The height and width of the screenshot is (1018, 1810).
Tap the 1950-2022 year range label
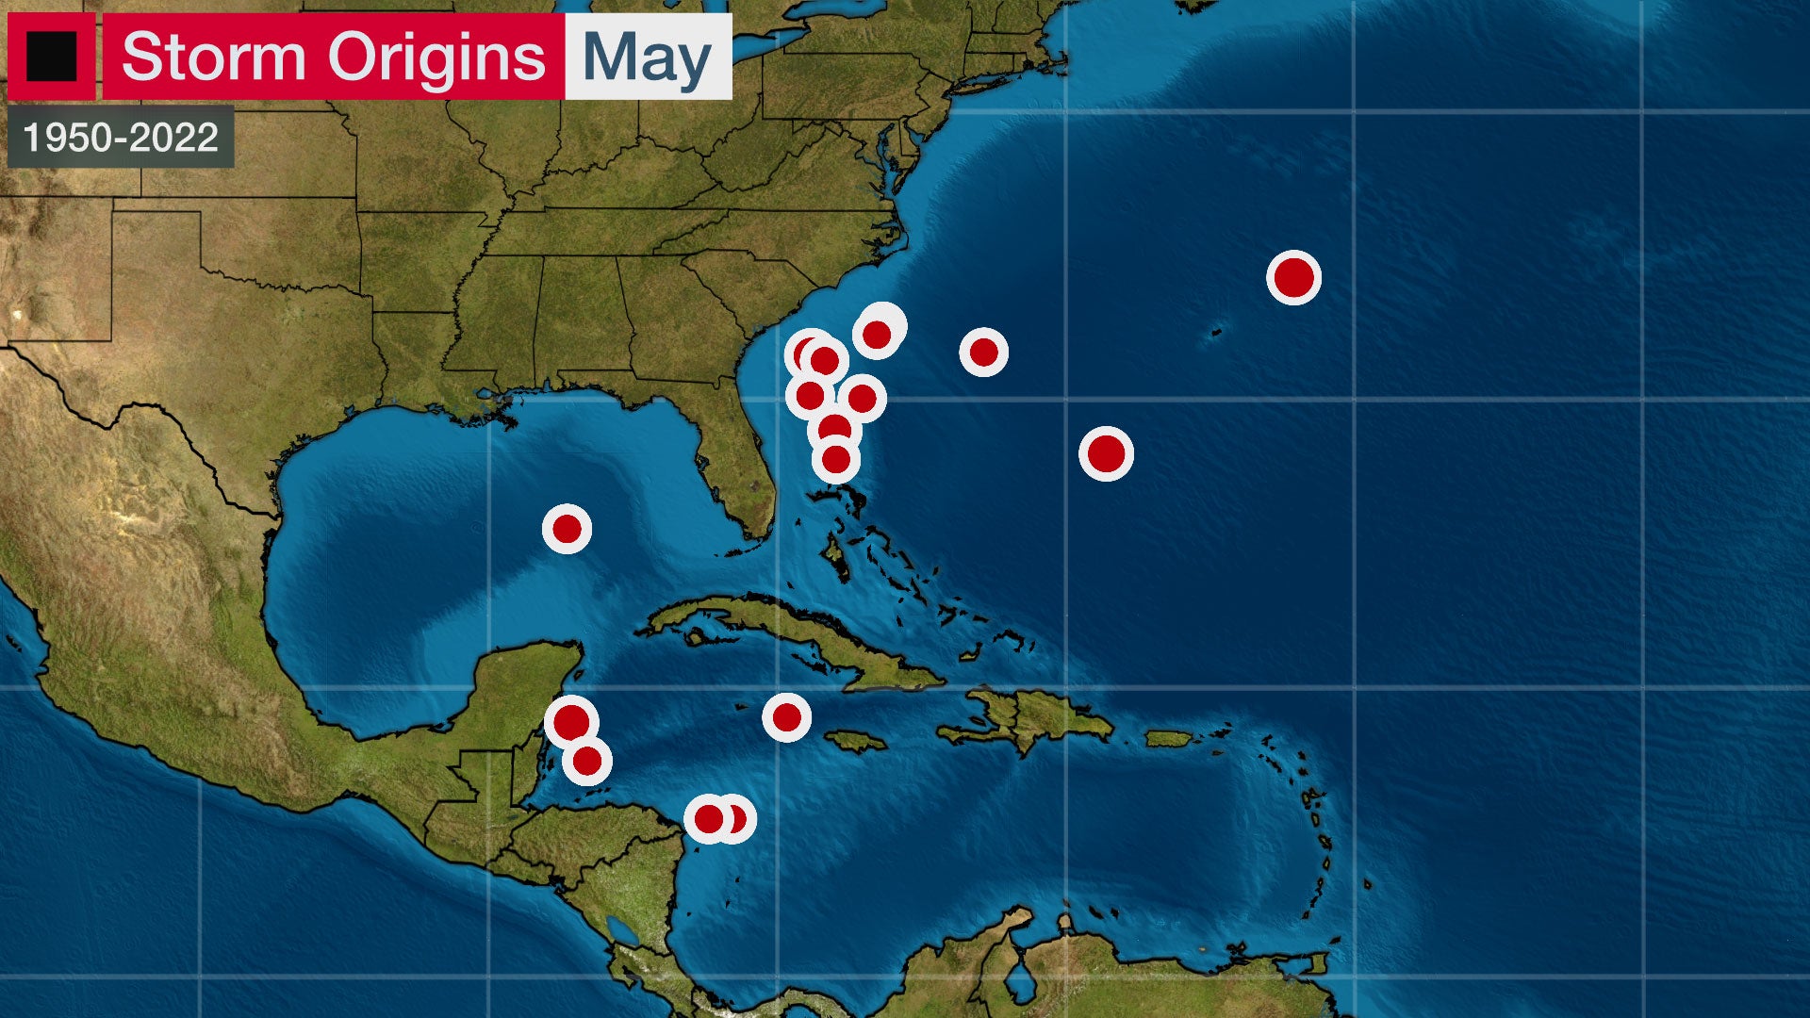point(121,138)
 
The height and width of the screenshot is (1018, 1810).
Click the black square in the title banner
point(51,57)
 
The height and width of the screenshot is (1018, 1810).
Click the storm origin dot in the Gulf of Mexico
point(567,529)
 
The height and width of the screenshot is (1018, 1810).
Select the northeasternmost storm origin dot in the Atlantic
point(1293,277)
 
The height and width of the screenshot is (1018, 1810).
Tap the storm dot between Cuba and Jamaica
point(786,718)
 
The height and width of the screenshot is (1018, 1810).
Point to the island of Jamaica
point(855,742)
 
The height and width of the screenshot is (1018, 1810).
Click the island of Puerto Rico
point(1169,739)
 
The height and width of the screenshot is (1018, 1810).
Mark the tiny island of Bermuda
point(1216,332)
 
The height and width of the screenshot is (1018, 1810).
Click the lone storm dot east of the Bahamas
point(1106,453)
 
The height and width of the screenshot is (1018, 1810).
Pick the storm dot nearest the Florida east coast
point(836,460)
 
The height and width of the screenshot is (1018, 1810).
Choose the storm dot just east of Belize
point(586,761)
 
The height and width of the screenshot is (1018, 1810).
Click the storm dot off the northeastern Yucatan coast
point(571,723)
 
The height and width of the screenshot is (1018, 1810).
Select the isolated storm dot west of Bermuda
point(983,353)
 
